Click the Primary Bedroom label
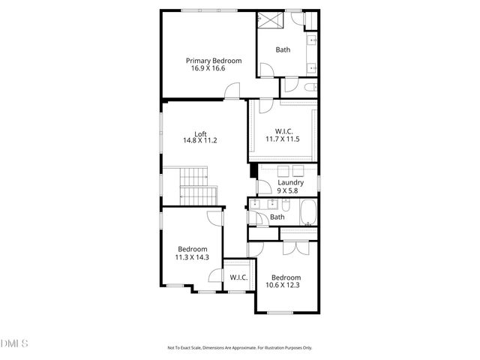tap(214, 61)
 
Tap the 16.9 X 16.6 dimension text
tap(208, 68)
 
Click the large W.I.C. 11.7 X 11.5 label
tap(282, 134)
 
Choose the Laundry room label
tap(290, 182)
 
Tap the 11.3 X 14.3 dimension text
tap(192, 257)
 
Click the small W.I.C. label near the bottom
tap(238, 277)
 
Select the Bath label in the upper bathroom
tap(283, 50)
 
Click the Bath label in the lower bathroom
tap(277, 217)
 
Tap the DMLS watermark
tap(13, 343)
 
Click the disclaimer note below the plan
tap(240, 348)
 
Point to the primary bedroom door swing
tap(233, 91)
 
